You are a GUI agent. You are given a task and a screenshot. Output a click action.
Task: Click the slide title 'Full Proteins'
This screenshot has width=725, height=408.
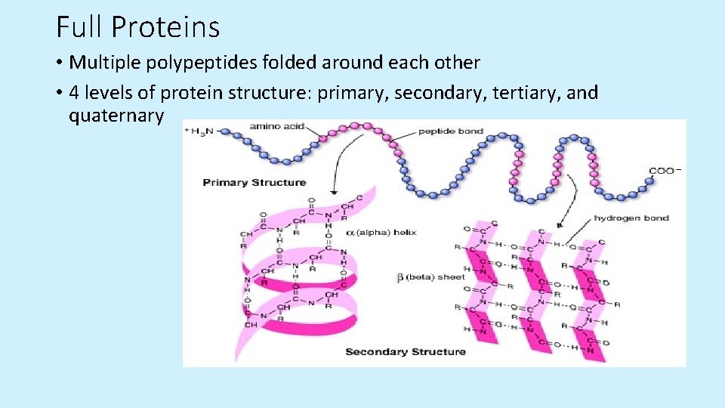pos(137,27)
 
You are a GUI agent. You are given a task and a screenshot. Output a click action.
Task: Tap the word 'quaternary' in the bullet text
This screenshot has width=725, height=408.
pos(116,116)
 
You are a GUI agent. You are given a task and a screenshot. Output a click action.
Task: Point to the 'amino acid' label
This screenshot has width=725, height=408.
pos(276,127)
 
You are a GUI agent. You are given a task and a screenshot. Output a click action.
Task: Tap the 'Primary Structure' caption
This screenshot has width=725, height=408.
pos(254,182)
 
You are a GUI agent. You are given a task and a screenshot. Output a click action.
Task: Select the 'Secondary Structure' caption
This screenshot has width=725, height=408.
pos(405,351)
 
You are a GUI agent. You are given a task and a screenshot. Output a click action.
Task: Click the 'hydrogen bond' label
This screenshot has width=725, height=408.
pos(631,218)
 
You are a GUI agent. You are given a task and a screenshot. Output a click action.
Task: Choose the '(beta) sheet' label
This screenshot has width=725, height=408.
pos(430,277)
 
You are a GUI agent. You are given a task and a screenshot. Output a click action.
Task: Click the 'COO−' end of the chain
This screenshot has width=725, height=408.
pos(665,171)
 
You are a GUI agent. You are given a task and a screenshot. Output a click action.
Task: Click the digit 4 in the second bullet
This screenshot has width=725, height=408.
pos(74,93)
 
